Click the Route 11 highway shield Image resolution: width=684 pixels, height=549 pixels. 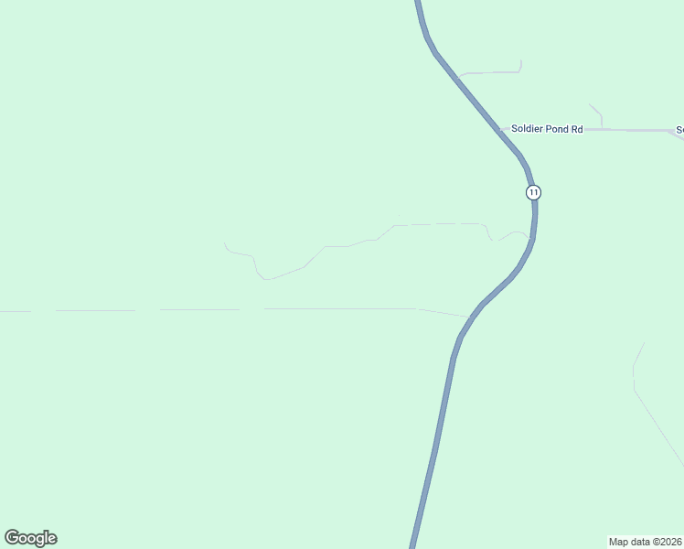pos(533,192)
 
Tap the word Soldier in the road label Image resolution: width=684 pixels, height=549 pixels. pos(528,130)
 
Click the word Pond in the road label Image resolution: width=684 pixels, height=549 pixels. pos(558,130)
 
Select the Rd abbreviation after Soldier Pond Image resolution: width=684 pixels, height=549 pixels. pos(577,130)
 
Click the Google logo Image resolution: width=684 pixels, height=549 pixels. pos(31,538)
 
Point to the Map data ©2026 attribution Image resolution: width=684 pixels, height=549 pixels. pos(645,541)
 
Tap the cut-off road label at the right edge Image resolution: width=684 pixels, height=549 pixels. pos(679,130)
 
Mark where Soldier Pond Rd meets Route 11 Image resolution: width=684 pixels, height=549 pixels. pos(502,130)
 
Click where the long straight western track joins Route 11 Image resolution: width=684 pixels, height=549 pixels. pos(470,318)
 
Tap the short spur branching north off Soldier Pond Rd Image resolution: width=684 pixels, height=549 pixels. pos(600,115)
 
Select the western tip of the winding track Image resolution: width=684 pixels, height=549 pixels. pos(225,244)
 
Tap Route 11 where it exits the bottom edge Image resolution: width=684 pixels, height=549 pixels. pos(414,545)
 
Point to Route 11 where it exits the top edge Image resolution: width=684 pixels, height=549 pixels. pos(418,3)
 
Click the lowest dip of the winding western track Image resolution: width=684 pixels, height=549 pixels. pos(264,278)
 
